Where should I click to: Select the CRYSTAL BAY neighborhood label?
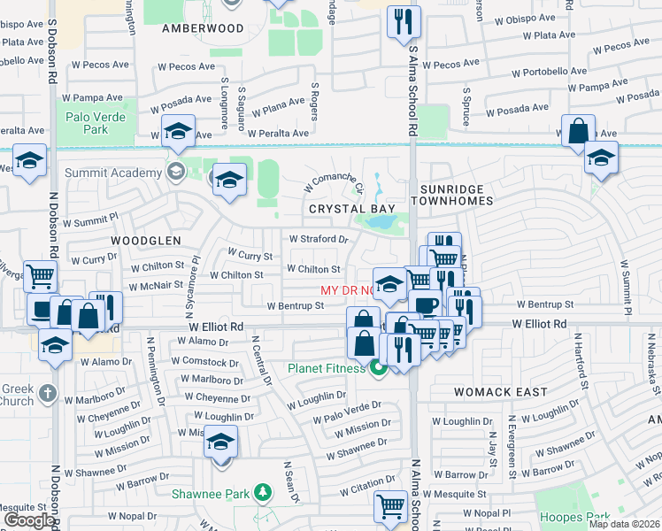(x=351, y=208)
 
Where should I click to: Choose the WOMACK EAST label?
(x=489, y=391)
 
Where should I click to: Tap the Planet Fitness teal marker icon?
(x=379, y=368)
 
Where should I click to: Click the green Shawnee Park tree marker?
(x=261, y=491)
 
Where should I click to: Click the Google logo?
(x=29, y=520)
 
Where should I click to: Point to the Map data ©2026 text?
(x=624, y=524)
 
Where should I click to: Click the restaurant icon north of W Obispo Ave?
(x=404, y=22)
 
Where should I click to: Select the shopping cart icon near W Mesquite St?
(x=389, y=507)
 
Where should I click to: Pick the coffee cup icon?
(x=426, y=305)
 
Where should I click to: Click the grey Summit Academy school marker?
(x=175, y=170)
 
